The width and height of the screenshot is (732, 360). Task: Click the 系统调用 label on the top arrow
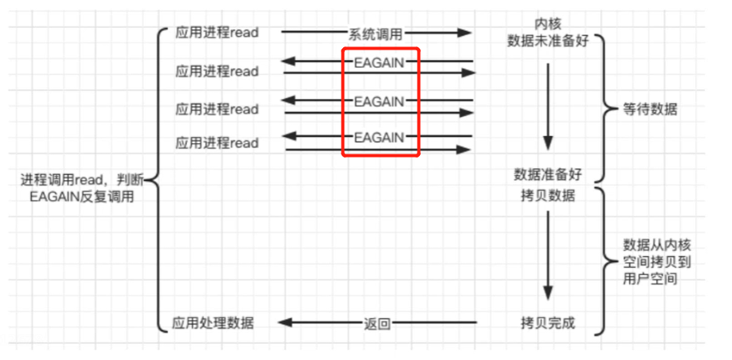375,33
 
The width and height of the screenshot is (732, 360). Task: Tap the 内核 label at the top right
548,22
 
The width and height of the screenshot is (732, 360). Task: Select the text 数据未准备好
548,41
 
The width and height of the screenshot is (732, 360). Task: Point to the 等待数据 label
650,110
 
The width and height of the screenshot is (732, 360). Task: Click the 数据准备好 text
548,174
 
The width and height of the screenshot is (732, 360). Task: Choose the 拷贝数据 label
548,195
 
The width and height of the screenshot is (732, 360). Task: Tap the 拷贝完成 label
548,323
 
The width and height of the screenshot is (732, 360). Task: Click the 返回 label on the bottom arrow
377,323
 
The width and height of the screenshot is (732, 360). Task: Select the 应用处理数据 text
214,323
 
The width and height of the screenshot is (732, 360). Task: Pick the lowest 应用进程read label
218,143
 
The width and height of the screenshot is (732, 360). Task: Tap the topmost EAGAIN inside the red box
379,62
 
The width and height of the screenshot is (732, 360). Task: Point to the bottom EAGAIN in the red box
379,138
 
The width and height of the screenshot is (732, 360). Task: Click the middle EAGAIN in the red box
379,102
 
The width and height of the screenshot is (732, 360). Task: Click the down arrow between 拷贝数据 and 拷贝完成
548,256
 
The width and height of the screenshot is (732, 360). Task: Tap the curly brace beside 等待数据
602,110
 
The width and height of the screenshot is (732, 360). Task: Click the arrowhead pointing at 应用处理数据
283,323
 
